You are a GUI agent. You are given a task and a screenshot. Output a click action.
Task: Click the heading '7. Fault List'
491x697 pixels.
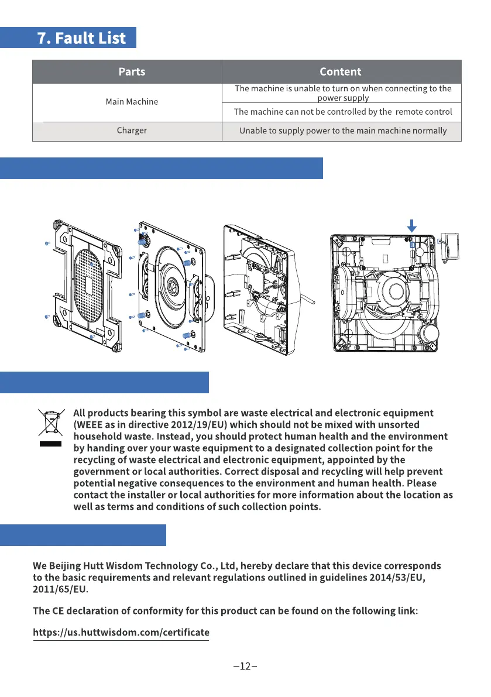(81, 38)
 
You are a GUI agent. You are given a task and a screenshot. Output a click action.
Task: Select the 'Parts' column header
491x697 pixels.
(132, 72)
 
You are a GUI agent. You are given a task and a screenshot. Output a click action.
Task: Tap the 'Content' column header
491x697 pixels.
(341, 72)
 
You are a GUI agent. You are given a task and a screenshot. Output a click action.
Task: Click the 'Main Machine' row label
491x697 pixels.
(132, 102)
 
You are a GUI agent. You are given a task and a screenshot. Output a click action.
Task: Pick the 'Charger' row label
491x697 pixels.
(132, 131)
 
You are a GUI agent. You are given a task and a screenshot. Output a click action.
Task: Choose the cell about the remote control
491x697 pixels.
(343, 112)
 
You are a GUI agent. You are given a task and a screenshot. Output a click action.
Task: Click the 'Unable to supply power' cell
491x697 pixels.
(343, 131)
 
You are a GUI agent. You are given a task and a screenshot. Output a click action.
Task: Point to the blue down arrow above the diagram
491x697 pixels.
(412, 225)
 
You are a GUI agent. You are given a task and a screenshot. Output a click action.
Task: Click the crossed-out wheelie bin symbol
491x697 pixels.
(50, 423)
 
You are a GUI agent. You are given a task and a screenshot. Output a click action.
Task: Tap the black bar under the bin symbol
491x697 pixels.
(50, 444)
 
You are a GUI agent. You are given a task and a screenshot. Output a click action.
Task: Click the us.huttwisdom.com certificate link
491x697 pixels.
(121, 633)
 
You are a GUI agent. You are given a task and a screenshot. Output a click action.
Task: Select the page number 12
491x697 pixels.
(245, 667)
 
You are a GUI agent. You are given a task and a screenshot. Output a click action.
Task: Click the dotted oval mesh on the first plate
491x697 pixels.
(88, 285)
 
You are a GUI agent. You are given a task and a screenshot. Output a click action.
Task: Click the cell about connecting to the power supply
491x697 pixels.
(343, 93)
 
